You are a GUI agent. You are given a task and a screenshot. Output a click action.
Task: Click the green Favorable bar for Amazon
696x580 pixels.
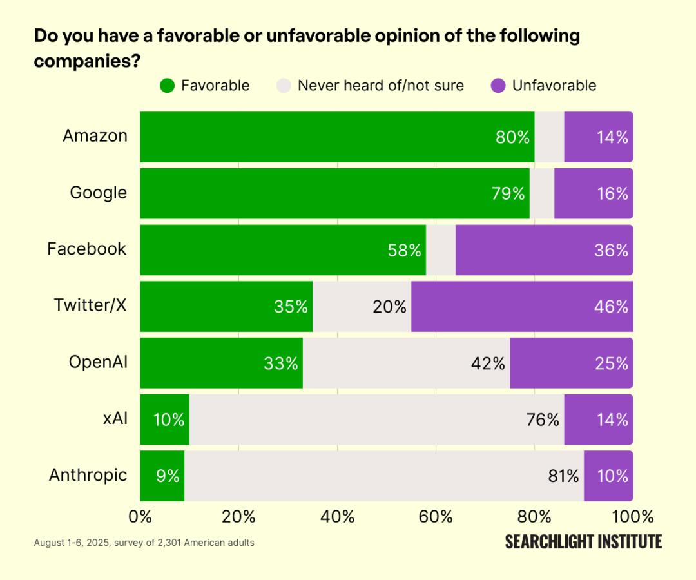[322, 137]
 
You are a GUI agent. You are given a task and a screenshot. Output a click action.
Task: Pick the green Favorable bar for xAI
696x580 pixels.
[164, 420]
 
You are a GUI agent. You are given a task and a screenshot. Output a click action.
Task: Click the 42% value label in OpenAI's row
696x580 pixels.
[488, 363]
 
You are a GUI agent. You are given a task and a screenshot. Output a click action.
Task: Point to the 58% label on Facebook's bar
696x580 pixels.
[405, 250]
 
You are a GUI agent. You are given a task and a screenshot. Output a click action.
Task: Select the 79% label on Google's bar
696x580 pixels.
[508, 193]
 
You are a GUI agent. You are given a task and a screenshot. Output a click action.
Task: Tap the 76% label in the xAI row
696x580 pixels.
[543, 420]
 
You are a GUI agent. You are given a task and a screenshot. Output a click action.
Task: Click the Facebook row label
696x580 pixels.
[87, 249]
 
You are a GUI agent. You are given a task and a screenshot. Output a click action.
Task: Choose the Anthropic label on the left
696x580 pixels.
[88, 476]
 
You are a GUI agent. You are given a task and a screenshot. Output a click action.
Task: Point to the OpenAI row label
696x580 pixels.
[98, 362]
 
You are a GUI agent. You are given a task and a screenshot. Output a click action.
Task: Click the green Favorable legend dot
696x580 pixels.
[168, 86]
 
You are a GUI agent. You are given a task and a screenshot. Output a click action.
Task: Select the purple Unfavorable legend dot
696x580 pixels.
[498, 86]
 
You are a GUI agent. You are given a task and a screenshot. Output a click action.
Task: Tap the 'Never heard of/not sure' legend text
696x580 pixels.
[380, 86]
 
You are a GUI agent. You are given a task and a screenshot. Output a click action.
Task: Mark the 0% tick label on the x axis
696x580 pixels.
[140, 517]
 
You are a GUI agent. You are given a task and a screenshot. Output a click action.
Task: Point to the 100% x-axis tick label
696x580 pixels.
[633, 517]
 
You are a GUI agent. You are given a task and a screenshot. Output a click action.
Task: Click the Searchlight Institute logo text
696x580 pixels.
[583, 541]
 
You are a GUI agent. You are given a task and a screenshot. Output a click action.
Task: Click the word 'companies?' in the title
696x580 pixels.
[88, 61]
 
